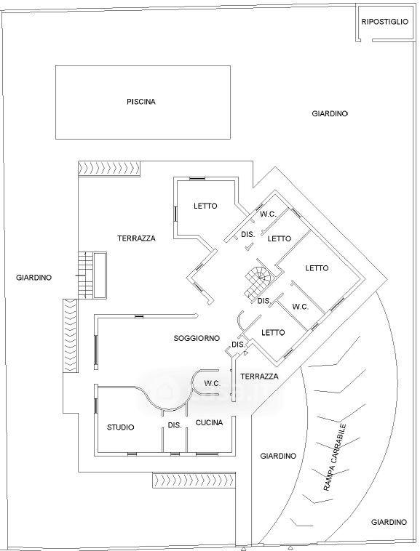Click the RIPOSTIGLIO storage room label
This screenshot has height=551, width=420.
pos(385,22)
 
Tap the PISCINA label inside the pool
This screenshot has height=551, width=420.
pos(141,102)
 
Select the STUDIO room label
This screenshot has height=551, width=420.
pos(121,427)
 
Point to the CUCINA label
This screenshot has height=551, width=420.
pos(210,423)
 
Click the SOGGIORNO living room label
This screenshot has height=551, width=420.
pos(197,338)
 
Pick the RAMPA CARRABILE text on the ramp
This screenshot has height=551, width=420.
pos(335,458)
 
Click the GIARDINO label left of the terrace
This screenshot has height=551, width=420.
pos(33,278)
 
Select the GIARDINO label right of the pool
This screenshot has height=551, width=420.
pos(330,113)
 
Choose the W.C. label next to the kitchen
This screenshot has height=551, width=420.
pos(212,383)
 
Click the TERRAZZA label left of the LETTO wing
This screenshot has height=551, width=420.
pos(137,238)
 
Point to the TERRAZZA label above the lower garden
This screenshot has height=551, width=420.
pos(260,377)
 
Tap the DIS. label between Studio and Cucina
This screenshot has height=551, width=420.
pos(175,425)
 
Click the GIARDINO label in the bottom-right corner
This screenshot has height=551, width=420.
pos(389,522)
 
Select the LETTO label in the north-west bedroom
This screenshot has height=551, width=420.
pos(205,206)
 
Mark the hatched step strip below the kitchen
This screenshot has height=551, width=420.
pos(194,480)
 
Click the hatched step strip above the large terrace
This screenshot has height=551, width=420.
pos(109,169)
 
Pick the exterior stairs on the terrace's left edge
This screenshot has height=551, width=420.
pos(85,275)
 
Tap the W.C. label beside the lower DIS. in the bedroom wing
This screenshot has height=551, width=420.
pos(301,307)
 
